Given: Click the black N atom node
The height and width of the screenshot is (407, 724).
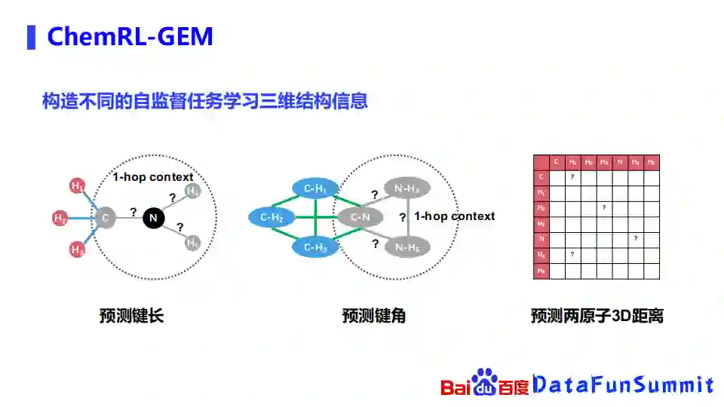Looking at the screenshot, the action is [153, 218].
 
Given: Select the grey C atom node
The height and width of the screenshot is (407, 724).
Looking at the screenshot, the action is [106, 219].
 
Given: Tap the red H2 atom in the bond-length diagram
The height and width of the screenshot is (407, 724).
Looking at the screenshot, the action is [60, 219].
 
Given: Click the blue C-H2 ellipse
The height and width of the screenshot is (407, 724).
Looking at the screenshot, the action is [271, 218].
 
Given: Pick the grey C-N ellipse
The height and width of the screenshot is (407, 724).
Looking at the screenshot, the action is [360, 218].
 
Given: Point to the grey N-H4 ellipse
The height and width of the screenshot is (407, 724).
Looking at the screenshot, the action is [406, 189].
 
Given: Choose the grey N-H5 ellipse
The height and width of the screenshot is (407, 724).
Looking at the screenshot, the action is [406, 246].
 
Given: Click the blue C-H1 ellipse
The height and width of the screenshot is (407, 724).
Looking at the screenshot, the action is [315, 188].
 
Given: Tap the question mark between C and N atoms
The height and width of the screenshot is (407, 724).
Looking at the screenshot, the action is [133, 212].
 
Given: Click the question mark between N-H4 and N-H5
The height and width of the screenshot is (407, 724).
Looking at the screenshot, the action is [402, 218].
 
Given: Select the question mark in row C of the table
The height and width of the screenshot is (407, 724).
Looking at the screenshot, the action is [572, 177].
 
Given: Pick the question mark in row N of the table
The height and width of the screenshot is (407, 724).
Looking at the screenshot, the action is [636, 238].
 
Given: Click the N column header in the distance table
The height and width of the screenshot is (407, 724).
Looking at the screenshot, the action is [620, 162].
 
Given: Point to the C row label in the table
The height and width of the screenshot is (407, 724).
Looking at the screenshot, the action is [541, 177].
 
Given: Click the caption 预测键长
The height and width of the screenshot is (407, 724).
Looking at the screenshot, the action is [131, 316].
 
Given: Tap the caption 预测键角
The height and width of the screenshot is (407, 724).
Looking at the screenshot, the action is [373, 316].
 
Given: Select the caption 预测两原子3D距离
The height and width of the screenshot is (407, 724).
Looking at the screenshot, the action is [597, 316].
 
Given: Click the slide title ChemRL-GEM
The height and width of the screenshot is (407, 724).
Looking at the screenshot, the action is [130, 36].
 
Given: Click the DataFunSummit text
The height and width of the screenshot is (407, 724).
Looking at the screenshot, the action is [623, 385].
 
